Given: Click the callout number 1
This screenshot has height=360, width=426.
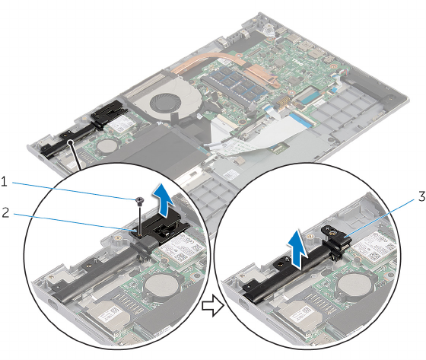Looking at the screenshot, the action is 4,182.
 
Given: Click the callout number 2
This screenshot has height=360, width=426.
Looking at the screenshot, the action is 5,212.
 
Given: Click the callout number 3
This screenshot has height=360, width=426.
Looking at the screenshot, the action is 421,196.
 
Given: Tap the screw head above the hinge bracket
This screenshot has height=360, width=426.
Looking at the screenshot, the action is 140,200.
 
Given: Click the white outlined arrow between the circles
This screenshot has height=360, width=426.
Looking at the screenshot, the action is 213,307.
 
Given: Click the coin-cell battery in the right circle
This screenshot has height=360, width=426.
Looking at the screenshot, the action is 349,285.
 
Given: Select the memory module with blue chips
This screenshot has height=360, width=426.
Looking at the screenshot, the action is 234,84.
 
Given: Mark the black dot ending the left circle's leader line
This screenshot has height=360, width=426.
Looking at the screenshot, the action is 71,141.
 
